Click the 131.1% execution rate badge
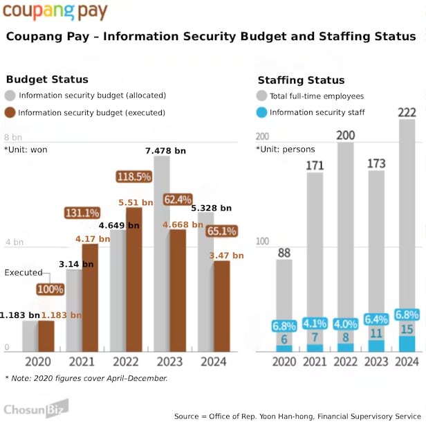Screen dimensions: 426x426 click(x=82, y=213)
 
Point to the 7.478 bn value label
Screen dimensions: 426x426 click(x=165, y=150)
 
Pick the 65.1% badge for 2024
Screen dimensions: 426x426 click(x=221, y=231)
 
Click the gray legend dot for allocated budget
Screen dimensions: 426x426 click(x=10, y=96)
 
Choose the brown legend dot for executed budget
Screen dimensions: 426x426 click(x=10, y=112)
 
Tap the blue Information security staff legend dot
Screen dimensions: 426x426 click(x=261, y=112)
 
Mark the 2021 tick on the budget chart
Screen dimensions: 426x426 click(x=82, y=362)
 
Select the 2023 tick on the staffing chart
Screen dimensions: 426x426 click(x=376, y=362)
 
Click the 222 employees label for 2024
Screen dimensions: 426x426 click(x=408, y=113)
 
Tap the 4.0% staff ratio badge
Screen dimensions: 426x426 click(x=346, y=323)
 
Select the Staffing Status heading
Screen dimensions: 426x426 click(x=301, y=80)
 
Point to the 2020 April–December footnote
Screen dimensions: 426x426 click(x=86, y=378)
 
